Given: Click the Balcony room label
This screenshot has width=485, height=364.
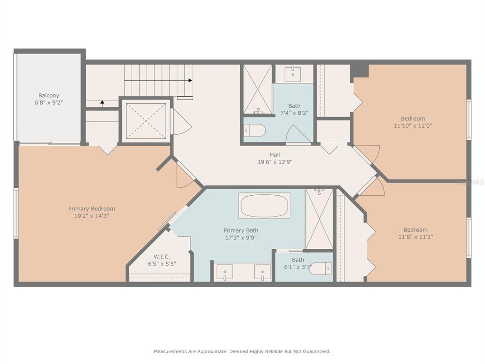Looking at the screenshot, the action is pos(49,95).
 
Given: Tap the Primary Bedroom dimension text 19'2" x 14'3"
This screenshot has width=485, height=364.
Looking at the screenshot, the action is pos(91,216).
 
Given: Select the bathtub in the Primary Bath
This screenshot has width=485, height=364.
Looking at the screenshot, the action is pos(264,206).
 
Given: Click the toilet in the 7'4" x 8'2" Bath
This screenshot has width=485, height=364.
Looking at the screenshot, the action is pos(254,131).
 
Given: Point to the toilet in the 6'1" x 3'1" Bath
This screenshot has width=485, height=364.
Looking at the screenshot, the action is pos(320,268).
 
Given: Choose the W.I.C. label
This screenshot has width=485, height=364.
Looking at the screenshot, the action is pos(162,256).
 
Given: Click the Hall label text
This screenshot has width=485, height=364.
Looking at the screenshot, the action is pos(275,155).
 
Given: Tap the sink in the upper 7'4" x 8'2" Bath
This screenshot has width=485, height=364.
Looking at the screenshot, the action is pos(293,74).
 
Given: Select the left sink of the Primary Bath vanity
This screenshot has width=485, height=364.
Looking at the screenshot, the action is pos(225,273).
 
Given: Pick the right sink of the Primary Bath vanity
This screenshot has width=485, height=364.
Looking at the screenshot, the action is pos(262,273).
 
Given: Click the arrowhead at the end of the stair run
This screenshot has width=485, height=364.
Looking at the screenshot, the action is pos(190,81).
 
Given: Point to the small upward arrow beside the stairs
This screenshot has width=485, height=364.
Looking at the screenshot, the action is pos(102,103).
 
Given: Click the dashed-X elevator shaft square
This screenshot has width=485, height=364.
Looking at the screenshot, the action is pos(146,121).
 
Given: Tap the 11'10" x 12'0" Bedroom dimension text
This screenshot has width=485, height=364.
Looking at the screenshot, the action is pos(413,126).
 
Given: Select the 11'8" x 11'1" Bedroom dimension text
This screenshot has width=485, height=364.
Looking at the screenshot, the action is pos(415,237).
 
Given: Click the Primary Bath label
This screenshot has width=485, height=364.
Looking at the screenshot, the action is pos(241,230).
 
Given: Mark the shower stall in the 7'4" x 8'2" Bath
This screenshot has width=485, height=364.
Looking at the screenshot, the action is pos(258,89).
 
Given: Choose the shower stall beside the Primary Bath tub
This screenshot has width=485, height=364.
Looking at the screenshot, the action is pos(319,219).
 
